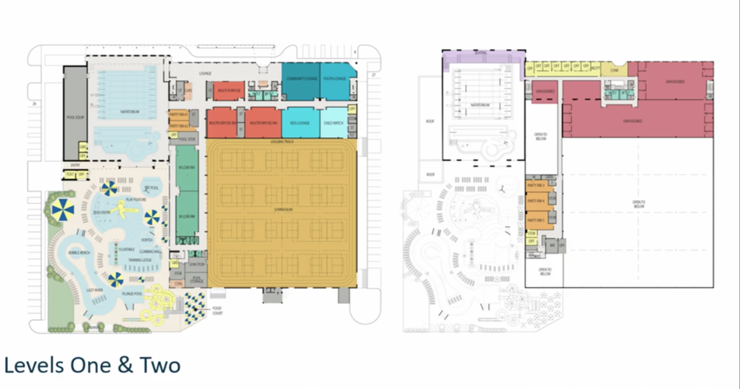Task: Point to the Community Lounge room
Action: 300,79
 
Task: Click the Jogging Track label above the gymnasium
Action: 282,142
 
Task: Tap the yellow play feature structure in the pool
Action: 125,208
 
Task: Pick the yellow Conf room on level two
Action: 614,68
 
